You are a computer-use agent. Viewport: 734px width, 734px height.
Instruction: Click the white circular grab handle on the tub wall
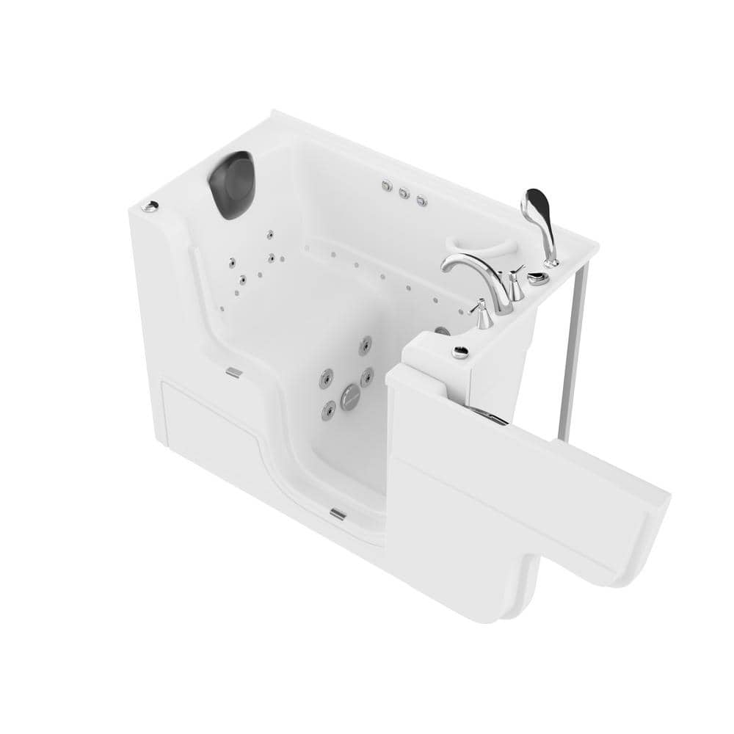click(x=470, y=247)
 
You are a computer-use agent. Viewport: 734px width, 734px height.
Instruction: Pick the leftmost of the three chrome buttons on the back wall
click(x=386, y=187)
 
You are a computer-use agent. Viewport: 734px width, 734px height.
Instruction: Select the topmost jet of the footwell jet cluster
click(x=365, y=343)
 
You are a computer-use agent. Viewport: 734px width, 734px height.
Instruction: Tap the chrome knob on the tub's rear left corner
click(x=150, y=207)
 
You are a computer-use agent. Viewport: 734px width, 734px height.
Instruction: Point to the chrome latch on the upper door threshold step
click(x=232, y=372)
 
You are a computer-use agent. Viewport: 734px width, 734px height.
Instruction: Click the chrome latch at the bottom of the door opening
click(x=338, y=513)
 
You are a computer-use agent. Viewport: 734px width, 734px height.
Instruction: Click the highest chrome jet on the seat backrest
click(x=271, y=234)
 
